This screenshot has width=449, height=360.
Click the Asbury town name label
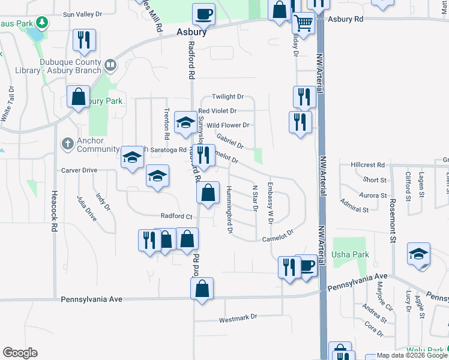coord(192,32)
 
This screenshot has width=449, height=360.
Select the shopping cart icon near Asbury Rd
coord(304,24)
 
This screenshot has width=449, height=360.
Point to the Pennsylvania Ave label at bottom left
coord(92,299)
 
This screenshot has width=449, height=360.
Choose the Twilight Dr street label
coord(229,97)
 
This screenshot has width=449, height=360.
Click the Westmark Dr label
coord(238,316)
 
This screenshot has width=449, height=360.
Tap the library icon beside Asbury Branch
coord(110,64)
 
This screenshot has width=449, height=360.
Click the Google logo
coord(20,353)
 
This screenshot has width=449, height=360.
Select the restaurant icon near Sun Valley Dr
coord(83,40)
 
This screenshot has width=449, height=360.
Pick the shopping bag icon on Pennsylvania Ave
coord(202,289)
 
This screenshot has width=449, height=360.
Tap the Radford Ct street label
coord(176,216)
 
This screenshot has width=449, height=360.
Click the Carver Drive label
coord(79,170)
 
